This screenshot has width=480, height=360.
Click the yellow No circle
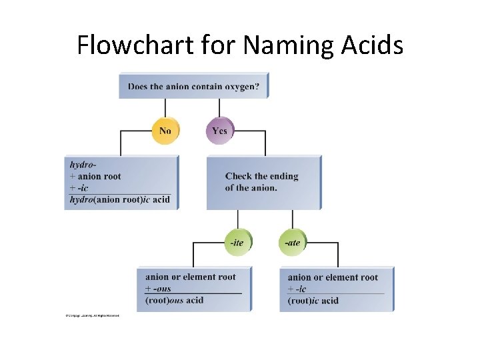click(165, 131)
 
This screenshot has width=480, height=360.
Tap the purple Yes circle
click(219, 131)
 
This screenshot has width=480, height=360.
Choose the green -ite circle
click(237, 243)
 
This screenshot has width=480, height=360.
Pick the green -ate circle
click(292, 243)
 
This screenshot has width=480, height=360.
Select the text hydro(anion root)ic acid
click(120, 199)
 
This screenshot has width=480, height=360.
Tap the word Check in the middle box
click(239, 176)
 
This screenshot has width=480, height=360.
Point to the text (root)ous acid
click(175, 301)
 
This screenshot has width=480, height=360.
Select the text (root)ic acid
click(313, 301)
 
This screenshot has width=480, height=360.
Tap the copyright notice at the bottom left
click(92, 315)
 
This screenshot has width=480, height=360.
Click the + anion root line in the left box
click(95, 176)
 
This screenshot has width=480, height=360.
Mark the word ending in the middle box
click(282, 176)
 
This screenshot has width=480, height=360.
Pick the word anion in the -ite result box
click(157, 277)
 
